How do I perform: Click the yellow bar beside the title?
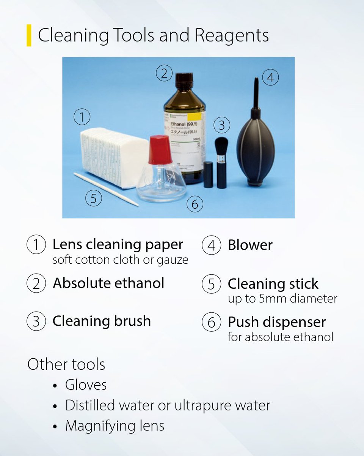coord(29,35)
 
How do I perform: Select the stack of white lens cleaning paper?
coord(114,156)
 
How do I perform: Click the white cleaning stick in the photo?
coord(106,189)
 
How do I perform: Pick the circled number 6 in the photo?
coord(195,204)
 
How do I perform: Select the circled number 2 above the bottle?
coord(164,73)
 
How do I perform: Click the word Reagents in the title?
coord(232,35)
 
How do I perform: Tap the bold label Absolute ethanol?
coord(108,283)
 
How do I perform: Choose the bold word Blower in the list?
coord(250,245)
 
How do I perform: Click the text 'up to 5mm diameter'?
coord(282,299)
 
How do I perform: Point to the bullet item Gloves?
coord(86,385)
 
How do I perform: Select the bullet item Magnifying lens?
coord(115,426)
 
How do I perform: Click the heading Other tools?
coord(66,364)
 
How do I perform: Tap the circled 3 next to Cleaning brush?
coord(36,321)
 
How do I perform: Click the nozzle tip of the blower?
coord(256,81)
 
